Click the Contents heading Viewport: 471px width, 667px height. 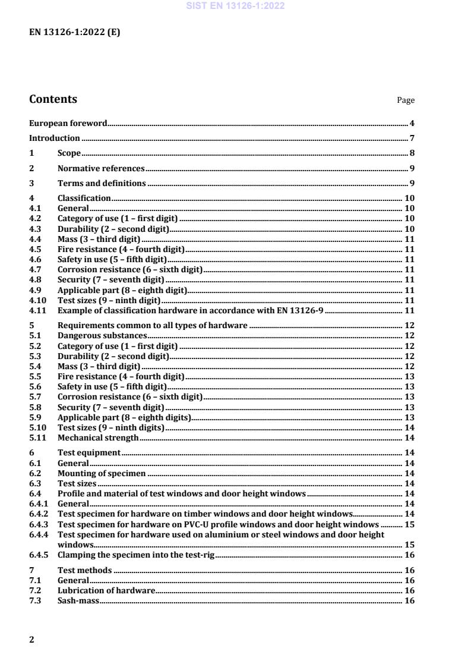tap(53, 99)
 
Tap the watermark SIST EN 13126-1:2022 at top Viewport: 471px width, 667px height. tap(235, 6)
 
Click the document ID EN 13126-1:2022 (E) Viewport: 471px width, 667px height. tap(74, 33)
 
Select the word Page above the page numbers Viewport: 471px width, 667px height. tap(406, 100)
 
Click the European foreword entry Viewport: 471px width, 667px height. tap(68, 124)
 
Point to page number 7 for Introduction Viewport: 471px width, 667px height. tap(412, 139)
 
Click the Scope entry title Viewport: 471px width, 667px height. tap(69, 153)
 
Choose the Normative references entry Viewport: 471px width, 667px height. tap(101, 168)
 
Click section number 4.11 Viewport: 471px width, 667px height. tap(37, 310)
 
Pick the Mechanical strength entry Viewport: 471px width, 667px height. tap(98, 438)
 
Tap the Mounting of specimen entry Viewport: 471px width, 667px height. tap(102, 474)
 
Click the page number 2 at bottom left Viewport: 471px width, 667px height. tap(32, 640)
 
